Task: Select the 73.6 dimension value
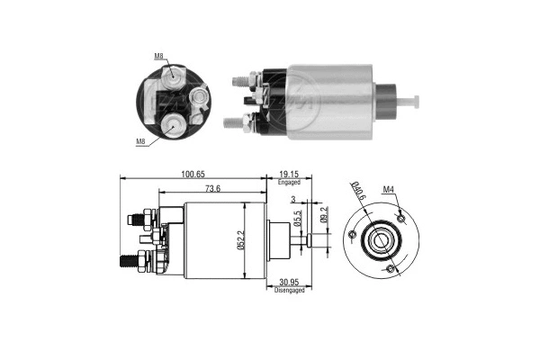pos(213,189)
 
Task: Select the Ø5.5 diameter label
pos(297,219)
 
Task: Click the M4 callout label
pos(389,189)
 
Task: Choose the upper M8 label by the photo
pos(158,56)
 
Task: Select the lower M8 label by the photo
pos(140,141)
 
